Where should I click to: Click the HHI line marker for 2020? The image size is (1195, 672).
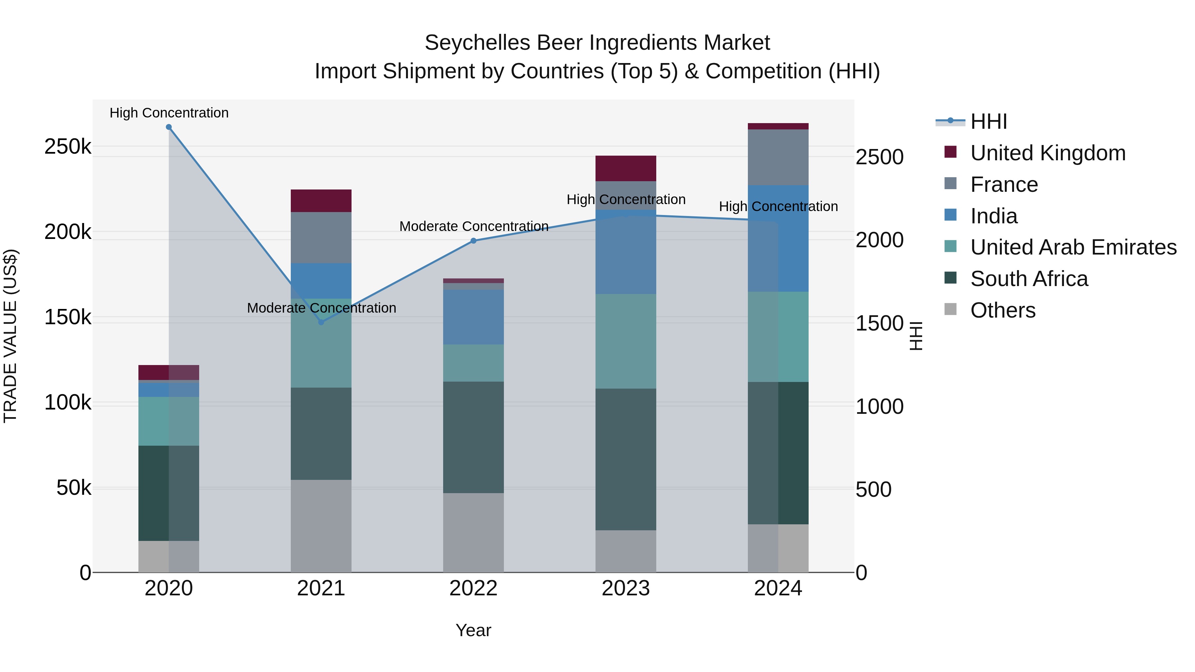169,127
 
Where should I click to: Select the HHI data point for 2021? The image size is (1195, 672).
321,322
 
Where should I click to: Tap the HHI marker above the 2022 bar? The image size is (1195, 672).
473,241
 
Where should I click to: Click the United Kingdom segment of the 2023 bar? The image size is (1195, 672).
625,168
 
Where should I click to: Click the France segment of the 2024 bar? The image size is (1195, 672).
778,157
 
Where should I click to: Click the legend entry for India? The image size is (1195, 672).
993,216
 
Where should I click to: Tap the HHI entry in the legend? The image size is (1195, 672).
988,121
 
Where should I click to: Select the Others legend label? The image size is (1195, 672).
1002,310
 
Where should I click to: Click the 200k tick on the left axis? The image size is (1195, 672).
68,232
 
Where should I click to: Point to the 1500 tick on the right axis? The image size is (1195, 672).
879,323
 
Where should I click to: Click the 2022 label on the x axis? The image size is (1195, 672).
473,588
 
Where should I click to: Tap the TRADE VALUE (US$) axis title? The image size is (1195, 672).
10,336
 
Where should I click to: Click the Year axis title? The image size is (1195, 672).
473,630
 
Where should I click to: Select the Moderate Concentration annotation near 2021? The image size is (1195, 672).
321,308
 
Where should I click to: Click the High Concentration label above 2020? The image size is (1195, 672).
169,113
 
